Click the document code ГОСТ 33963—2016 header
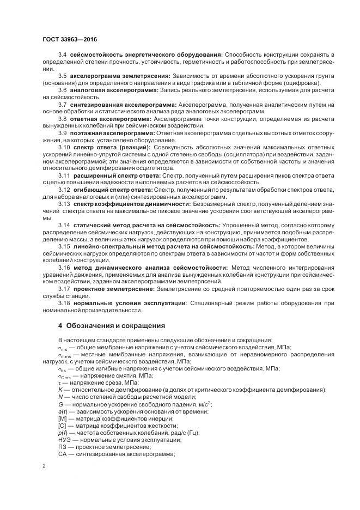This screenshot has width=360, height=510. [70, 39]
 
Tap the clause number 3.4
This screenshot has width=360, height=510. [63, 56]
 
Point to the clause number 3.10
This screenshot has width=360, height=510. [64, 148]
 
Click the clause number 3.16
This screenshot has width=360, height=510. [64, 268]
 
